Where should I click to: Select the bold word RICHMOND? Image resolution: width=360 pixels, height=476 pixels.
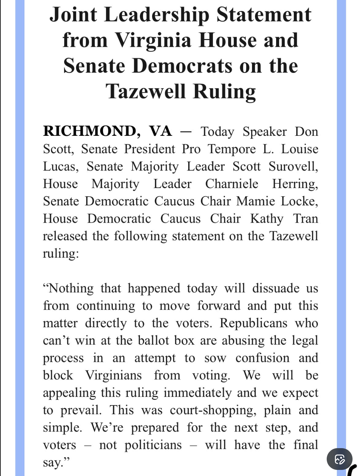[x=89, y=131]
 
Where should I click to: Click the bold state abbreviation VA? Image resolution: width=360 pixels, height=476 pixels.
[x=161, y=131]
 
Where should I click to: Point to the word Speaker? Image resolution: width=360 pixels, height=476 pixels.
[x=265, y=132]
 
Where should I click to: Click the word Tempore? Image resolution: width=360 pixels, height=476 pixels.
[x=232, y=149]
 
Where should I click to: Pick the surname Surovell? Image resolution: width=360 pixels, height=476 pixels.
[x=293, y=166]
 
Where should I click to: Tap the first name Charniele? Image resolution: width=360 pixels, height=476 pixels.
[x=232, y=184]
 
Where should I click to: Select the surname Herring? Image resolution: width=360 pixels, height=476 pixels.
[x=295, y=184]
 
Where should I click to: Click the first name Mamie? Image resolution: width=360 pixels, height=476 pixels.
[x=255, y=201]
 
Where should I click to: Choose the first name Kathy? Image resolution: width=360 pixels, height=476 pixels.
[x=267, y=219]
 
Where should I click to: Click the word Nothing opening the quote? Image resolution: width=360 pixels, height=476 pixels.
[x=68, y=288]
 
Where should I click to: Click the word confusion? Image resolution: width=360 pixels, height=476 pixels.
[x=263, y=358]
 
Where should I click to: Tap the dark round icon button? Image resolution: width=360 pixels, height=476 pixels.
[x=340, y=459]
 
